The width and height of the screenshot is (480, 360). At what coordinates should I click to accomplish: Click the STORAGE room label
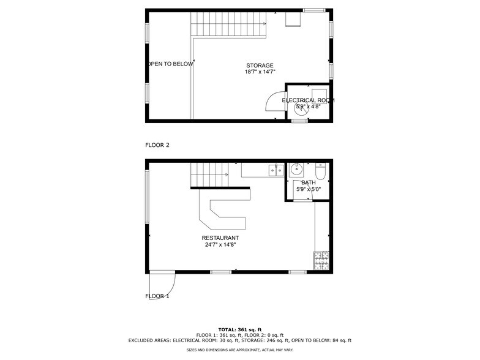click(260, 66)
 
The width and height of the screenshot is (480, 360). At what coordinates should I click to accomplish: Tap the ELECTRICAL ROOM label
click(308, 100)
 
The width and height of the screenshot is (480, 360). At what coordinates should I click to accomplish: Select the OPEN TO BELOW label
click(170, 64)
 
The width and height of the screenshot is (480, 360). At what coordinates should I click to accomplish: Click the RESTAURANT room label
click(220, 238)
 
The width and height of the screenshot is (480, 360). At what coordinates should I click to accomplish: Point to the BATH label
click(309, 182)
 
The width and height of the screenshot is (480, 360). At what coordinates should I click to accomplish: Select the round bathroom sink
click(296, 170)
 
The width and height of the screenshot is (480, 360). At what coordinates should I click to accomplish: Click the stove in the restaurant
click(321, 261)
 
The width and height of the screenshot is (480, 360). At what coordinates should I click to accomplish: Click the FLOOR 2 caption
click(157, 145)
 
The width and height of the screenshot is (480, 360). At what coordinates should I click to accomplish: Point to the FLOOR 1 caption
click(157, 296)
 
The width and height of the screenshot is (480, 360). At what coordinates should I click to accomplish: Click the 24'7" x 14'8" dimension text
click(220, 245)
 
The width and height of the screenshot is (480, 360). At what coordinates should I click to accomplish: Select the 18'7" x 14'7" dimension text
click(260, 72)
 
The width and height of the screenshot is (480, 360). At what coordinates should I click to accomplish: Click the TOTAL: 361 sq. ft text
click(239, 329)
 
